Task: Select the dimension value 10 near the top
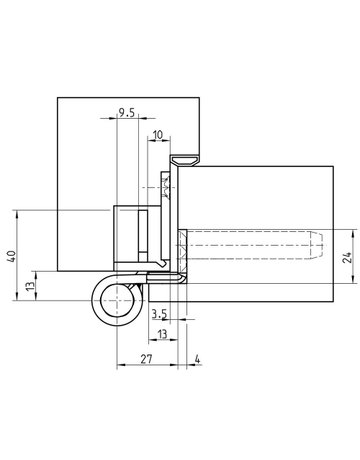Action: [159, 134]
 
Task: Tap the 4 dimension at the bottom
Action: [200, 357]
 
